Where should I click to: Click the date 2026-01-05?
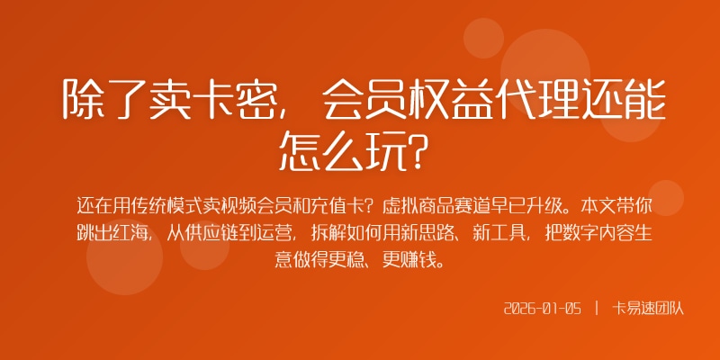click(x=543, y=308)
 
